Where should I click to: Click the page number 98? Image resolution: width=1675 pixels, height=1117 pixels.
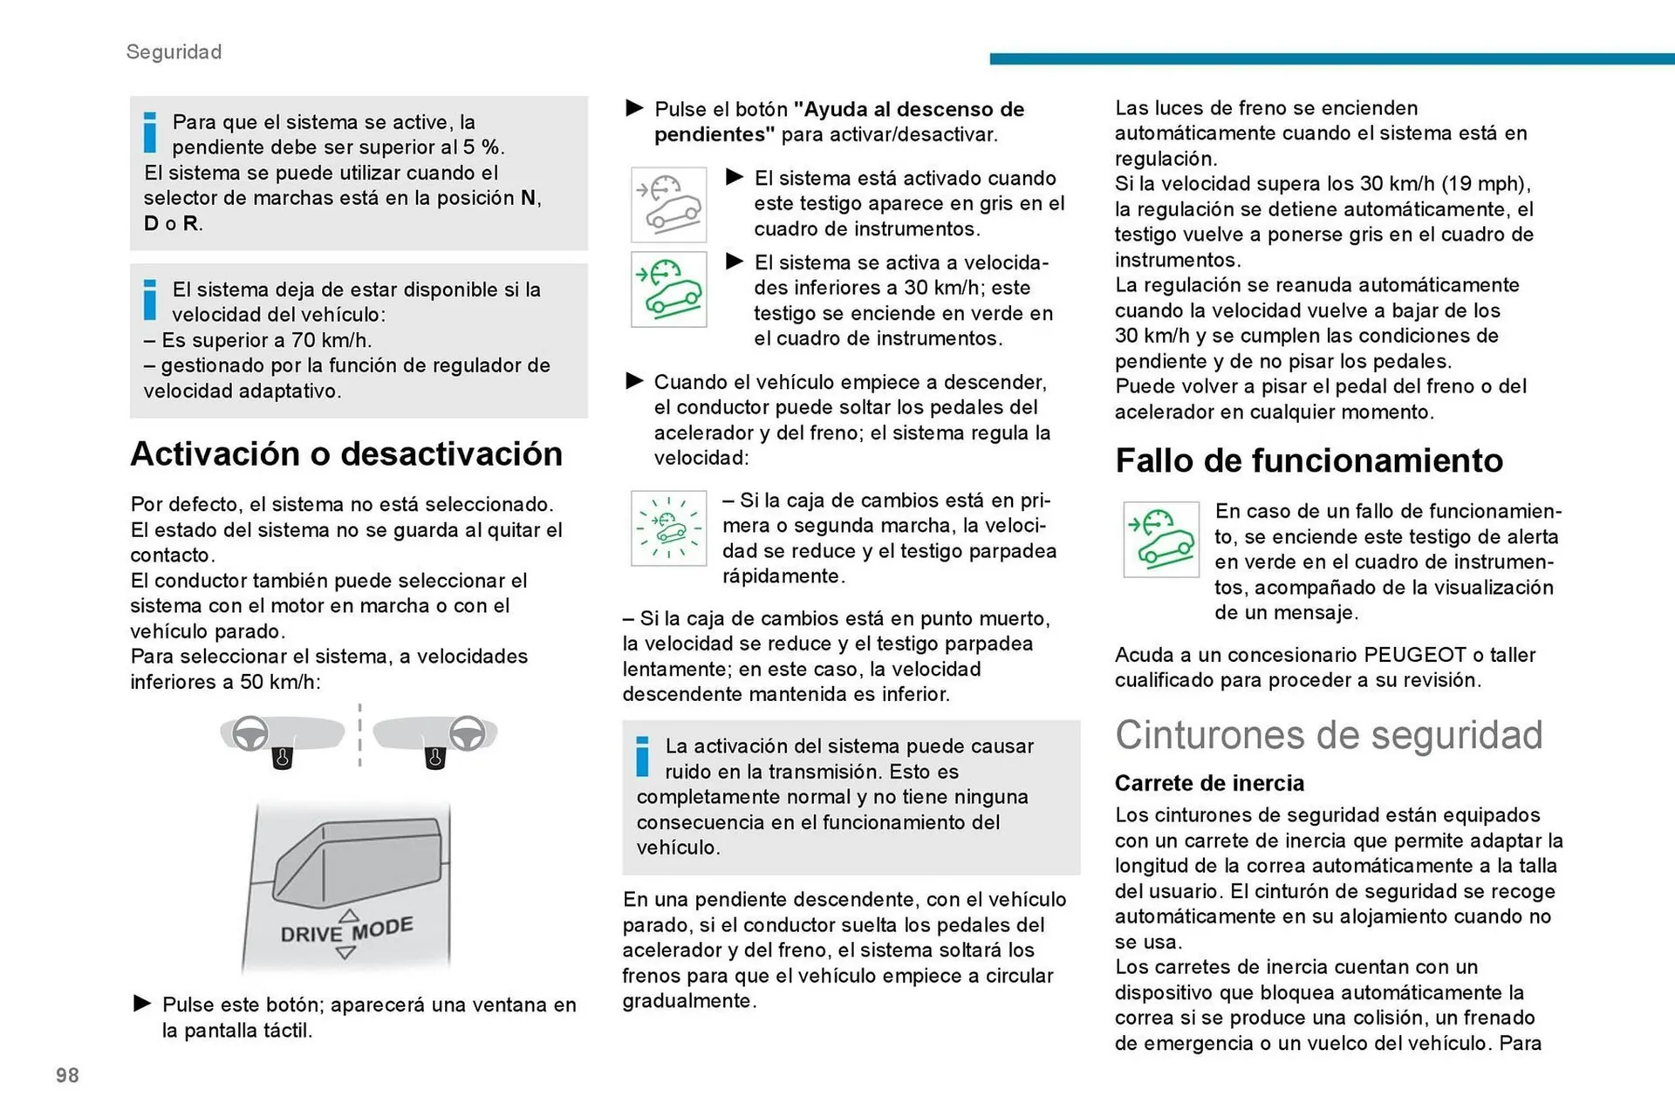[67, 1075]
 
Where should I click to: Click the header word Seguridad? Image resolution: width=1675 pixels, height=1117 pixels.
[174, 51]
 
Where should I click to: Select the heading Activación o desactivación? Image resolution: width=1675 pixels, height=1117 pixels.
[346, 453]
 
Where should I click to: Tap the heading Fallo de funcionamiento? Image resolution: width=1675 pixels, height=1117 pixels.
[1309, 460]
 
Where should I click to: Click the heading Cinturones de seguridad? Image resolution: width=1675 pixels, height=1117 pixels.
[1328, 735]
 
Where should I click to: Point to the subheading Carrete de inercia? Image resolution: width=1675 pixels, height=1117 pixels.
[1209, 783]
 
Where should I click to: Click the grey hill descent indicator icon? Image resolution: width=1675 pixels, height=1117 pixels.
[668, 205]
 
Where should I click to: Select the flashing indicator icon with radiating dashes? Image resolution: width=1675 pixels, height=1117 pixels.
[668, 528]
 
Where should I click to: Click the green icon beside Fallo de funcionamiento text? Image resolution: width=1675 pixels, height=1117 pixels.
[1160, 540]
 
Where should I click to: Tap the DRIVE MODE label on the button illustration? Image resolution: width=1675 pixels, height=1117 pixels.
[346, 930]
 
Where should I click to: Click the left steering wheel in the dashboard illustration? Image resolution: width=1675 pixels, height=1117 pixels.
[250, 733]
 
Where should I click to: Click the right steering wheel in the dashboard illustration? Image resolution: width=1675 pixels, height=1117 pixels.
[467, 733]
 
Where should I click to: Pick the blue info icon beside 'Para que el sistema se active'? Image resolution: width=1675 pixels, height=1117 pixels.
[150, 132]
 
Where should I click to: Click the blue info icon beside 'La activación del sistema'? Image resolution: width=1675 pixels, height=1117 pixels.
[642, 756]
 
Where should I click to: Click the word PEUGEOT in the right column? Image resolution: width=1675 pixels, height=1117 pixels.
[1415, 655]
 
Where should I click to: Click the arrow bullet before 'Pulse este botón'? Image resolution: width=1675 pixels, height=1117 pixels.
[142, 1003]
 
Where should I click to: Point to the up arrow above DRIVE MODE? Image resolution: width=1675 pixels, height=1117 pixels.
[348, 915]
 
